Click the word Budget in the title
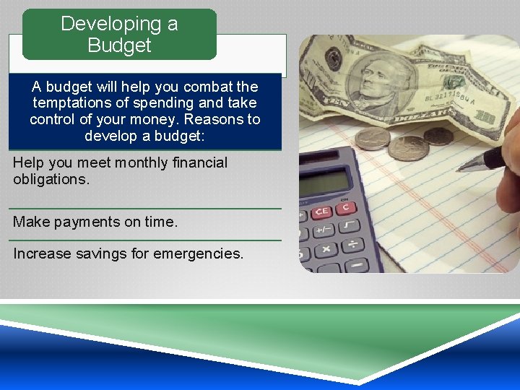119,45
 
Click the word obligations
51,178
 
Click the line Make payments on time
95,222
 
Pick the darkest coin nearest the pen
438,135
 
